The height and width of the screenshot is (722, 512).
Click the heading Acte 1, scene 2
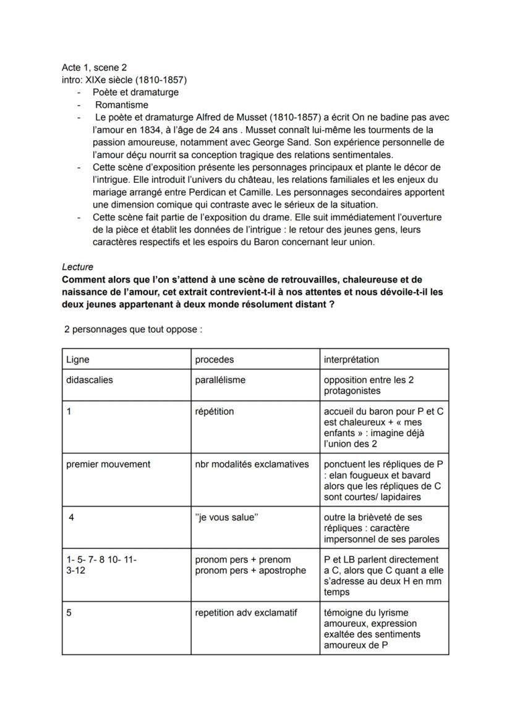94,67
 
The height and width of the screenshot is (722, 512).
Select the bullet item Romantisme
121,104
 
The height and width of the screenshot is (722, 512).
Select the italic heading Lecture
77,267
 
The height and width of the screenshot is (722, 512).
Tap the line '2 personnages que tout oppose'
133,329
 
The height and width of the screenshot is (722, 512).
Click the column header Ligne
78,359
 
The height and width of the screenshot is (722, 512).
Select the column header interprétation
351,359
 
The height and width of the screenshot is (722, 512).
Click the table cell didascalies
90,380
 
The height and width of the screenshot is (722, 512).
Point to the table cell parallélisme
220,380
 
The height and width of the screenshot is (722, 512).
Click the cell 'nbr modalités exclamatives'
252,464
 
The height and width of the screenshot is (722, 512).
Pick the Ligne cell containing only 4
72,518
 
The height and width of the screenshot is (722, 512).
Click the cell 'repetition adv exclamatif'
246,613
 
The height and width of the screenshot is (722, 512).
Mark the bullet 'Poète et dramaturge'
135,92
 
